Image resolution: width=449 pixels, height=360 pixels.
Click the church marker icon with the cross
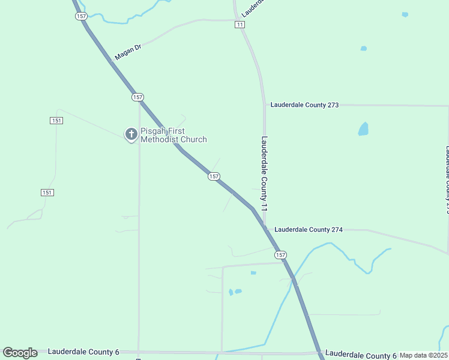[x=131, y=134]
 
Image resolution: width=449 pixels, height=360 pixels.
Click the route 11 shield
[x=240, y=25]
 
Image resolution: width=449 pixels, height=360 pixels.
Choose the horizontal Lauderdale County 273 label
[x=304, y=105]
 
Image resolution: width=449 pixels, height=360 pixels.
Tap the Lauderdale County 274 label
[x=308, y=230]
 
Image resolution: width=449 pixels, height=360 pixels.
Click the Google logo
[x=20, y=353]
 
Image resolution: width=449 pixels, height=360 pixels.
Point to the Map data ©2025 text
[x=423, y=355]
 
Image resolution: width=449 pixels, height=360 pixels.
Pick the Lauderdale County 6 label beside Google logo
[x=83, y=352]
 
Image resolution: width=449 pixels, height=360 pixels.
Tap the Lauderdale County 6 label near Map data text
[x=361, y=355]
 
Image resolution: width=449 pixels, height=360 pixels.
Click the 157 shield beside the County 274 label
[x=280, y=255]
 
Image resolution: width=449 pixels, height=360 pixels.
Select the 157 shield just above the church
[x=137, y=97]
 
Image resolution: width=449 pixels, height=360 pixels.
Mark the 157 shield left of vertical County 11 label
[x=214, y=176]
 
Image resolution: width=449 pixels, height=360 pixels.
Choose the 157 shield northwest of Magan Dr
[x=82, y=16]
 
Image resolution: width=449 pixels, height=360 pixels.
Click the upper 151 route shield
[x=56, y=121]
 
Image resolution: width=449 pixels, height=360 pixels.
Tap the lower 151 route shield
[x=47, y=193]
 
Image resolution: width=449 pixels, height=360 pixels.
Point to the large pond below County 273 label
[x=363, y=128]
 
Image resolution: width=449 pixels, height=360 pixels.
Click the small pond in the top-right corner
[x=405, y=14]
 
